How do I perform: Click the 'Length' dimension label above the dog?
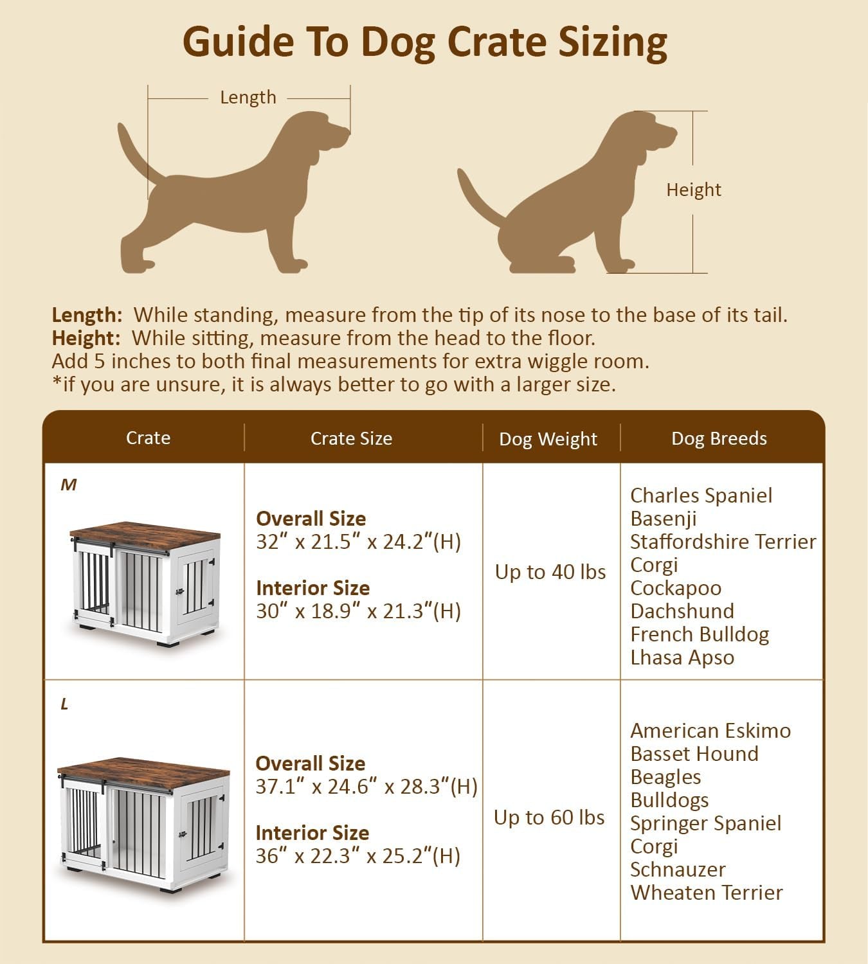tap(248, 98)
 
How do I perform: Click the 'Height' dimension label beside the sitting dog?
tap(693, 190)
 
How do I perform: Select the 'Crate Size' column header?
tap(351, 438)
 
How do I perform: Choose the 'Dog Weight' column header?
tap(548, 439)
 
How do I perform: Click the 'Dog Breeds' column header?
tap(719, 438)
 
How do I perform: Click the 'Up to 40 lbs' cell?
tap(550, 572)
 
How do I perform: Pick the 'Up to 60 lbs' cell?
tap(549, 817)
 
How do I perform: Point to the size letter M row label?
tap(68, 485)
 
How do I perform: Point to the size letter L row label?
tap(64, 705)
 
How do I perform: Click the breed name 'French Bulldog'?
tap(700, 634)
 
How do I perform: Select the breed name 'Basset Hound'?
tap(694, 754)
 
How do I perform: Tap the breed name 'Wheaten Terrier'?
tap(706, 893)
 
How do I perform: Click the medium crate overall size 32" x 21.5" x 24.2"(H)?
tap(358, 542)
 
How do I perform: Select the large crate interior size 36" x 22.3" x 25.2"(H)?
tap(357, 856)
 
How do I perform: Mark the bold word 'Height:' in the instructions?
tap(86, 338)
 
